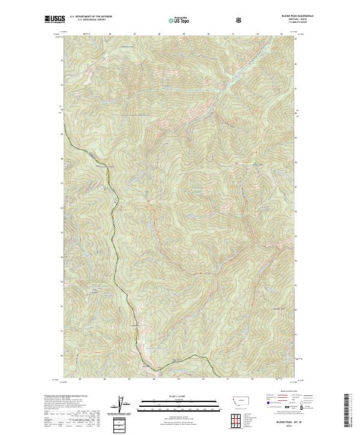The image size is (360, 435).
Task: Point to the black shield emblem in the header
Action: tap(240, 20)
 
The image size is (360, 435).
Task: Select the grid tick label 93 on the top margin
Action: tap(281, 34)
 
